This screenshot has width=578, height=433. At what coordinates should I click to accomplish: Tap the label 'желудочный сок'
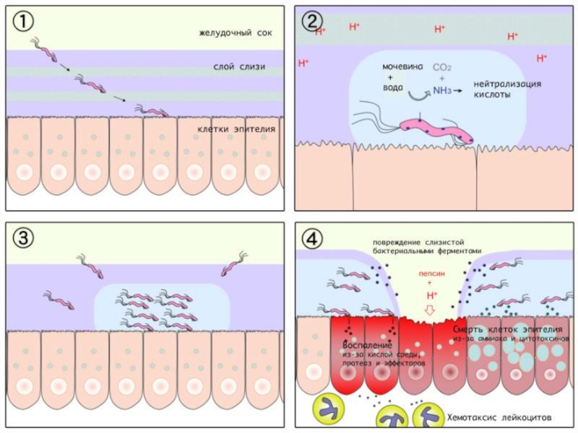point(229,34)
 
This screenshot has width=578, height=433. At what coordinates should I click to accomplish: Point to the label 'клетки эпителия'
point(236,131)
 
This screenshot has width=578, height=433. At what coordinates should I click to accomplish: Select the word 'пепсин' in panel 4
point(431,274)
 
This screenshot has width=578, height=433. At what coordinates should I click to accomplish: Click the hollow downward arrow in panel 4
point(432,310)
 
